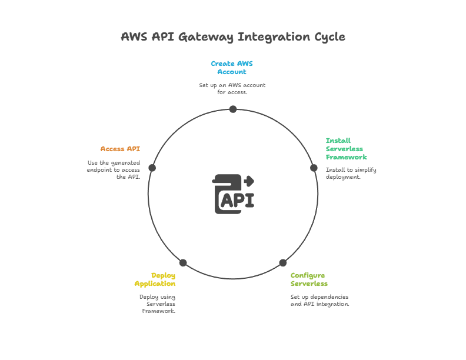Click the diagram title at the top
pyautogui.click(x=233, y=36)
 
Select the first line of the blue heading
pyautogui.click(x=234, y=63)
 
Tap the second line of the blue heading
pyautogui.click(x=234, y=71)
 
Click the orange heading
pyautogui.click(x=120, y=149)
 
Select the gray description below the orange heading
pyautogui.click(x=114, y=170)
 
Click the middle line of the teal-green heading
pyautogui.click(x=346, y=149)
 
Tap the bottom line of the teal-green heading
pyautogui.click(x=346, y=157)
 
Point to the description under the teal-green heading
pyautogui.click(x=350, y=173)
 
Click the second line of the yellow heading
pyautogui.click(x=155, y=283)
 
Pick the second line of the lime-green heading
pyautogui.click(x=307, y=283)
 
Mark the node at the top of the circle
pyautogui.click(x=234, y=108)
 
